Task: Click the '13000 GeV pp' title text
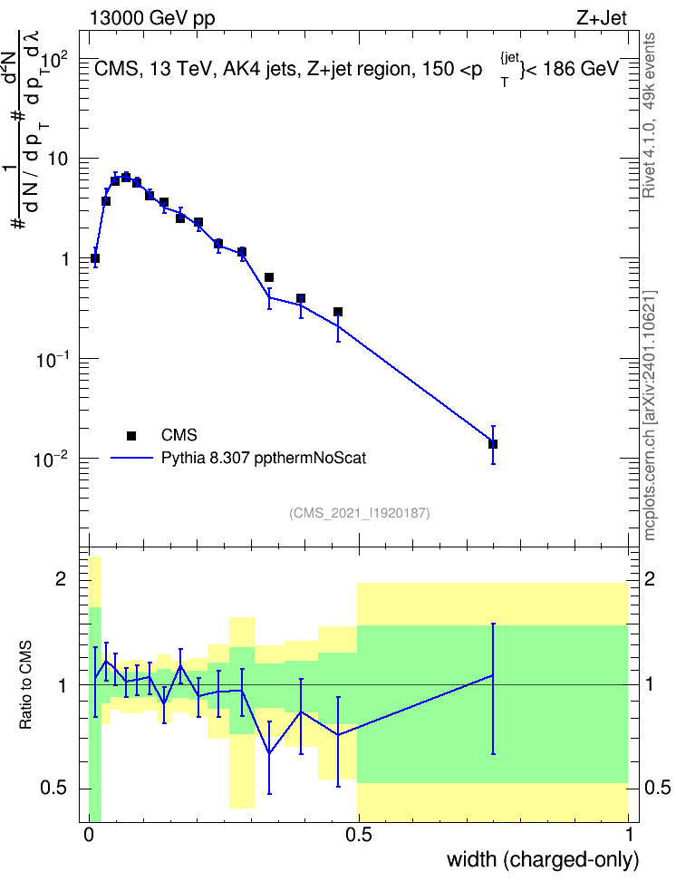point(152,19)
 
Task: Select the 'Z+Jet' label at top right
point(602,18)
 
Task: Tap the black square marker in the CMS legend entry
point(131,435)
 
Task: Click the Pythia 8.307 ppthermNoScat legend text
point(264,458)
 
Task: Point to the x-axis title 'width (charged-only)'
point(543,859)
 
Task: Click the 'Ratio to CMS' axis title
point(25,685)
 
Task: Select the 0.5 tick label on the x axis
point(359,835)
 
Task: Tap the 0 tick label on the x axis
point(89,835)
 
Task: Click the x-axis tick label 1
point(629,835)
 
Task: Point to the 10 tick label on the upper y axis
point(57,159)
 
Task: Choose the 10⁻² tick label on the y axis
point(51,460)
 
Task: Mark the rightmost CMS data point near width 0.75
point(493,444)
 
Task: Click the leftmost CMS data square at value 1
point(95,258)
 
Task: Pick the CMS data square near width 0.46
point(338,312)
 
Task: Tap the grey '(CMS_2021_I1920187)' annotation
point(360,513)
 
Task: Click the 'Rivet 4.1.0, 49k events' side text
point(649,115)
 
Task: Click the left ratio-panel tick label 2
point(62,578)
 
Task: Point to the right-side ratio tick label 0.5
point(657,788)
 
